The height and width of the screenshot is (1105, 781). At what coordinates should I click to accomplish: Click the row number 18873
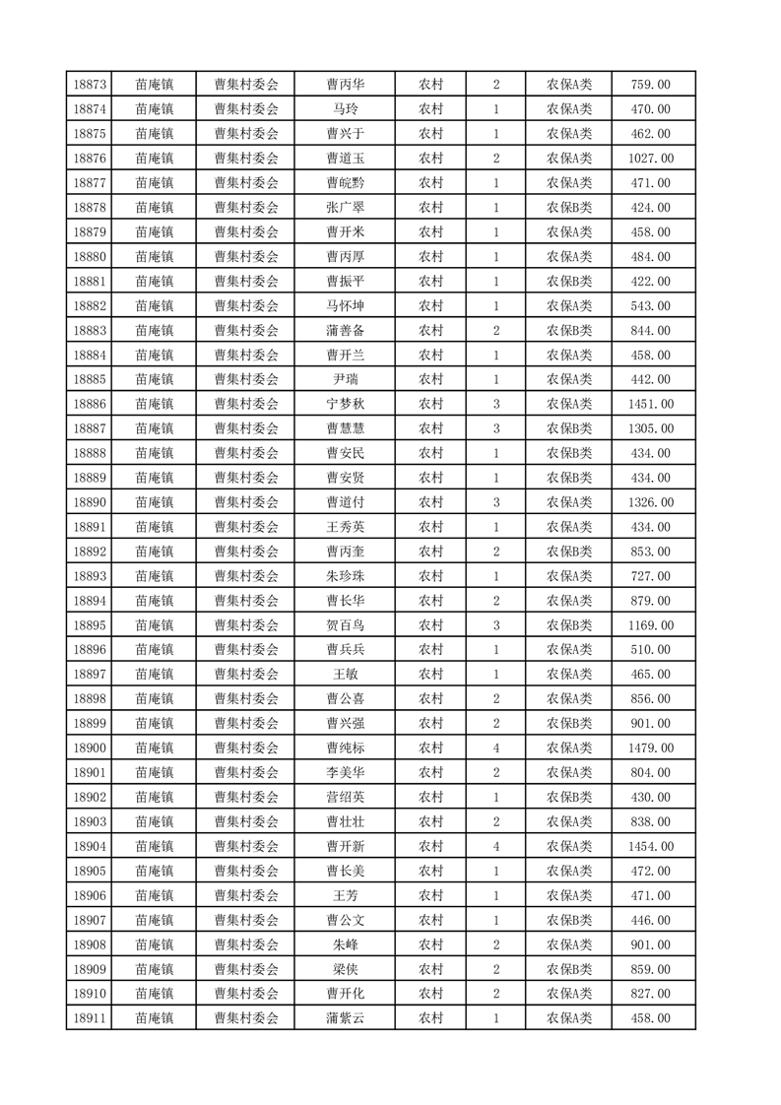(x=90, y=85)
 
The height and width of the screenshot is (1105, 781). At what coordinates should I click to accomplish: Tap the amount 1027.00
(x=650, y=159)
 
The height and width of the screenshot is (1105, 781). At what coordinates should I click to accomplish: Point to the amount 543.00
(x=650, y=306)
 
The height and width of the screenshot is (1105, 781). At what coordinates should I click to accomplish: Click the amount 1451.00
(x=650, y=404)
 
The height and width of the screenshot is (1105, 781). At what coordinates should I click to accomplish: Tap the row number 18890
(x=90, y=502)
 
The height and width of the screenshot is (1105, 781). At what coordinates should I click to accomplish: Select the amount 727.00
(x=650, y=576)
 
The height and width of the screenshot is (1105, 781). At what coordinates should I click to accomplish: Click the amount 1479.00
(x=650, y=748)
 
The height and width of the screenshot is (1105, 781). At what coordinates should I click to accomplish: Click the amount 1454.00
(x=650, y=846)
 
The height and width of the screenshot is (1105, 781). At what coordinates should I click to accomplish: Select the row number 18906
(x=90, y=895)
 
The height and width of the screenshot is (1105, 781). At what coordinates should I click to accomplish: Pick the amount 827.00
(x=650, y=994)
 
